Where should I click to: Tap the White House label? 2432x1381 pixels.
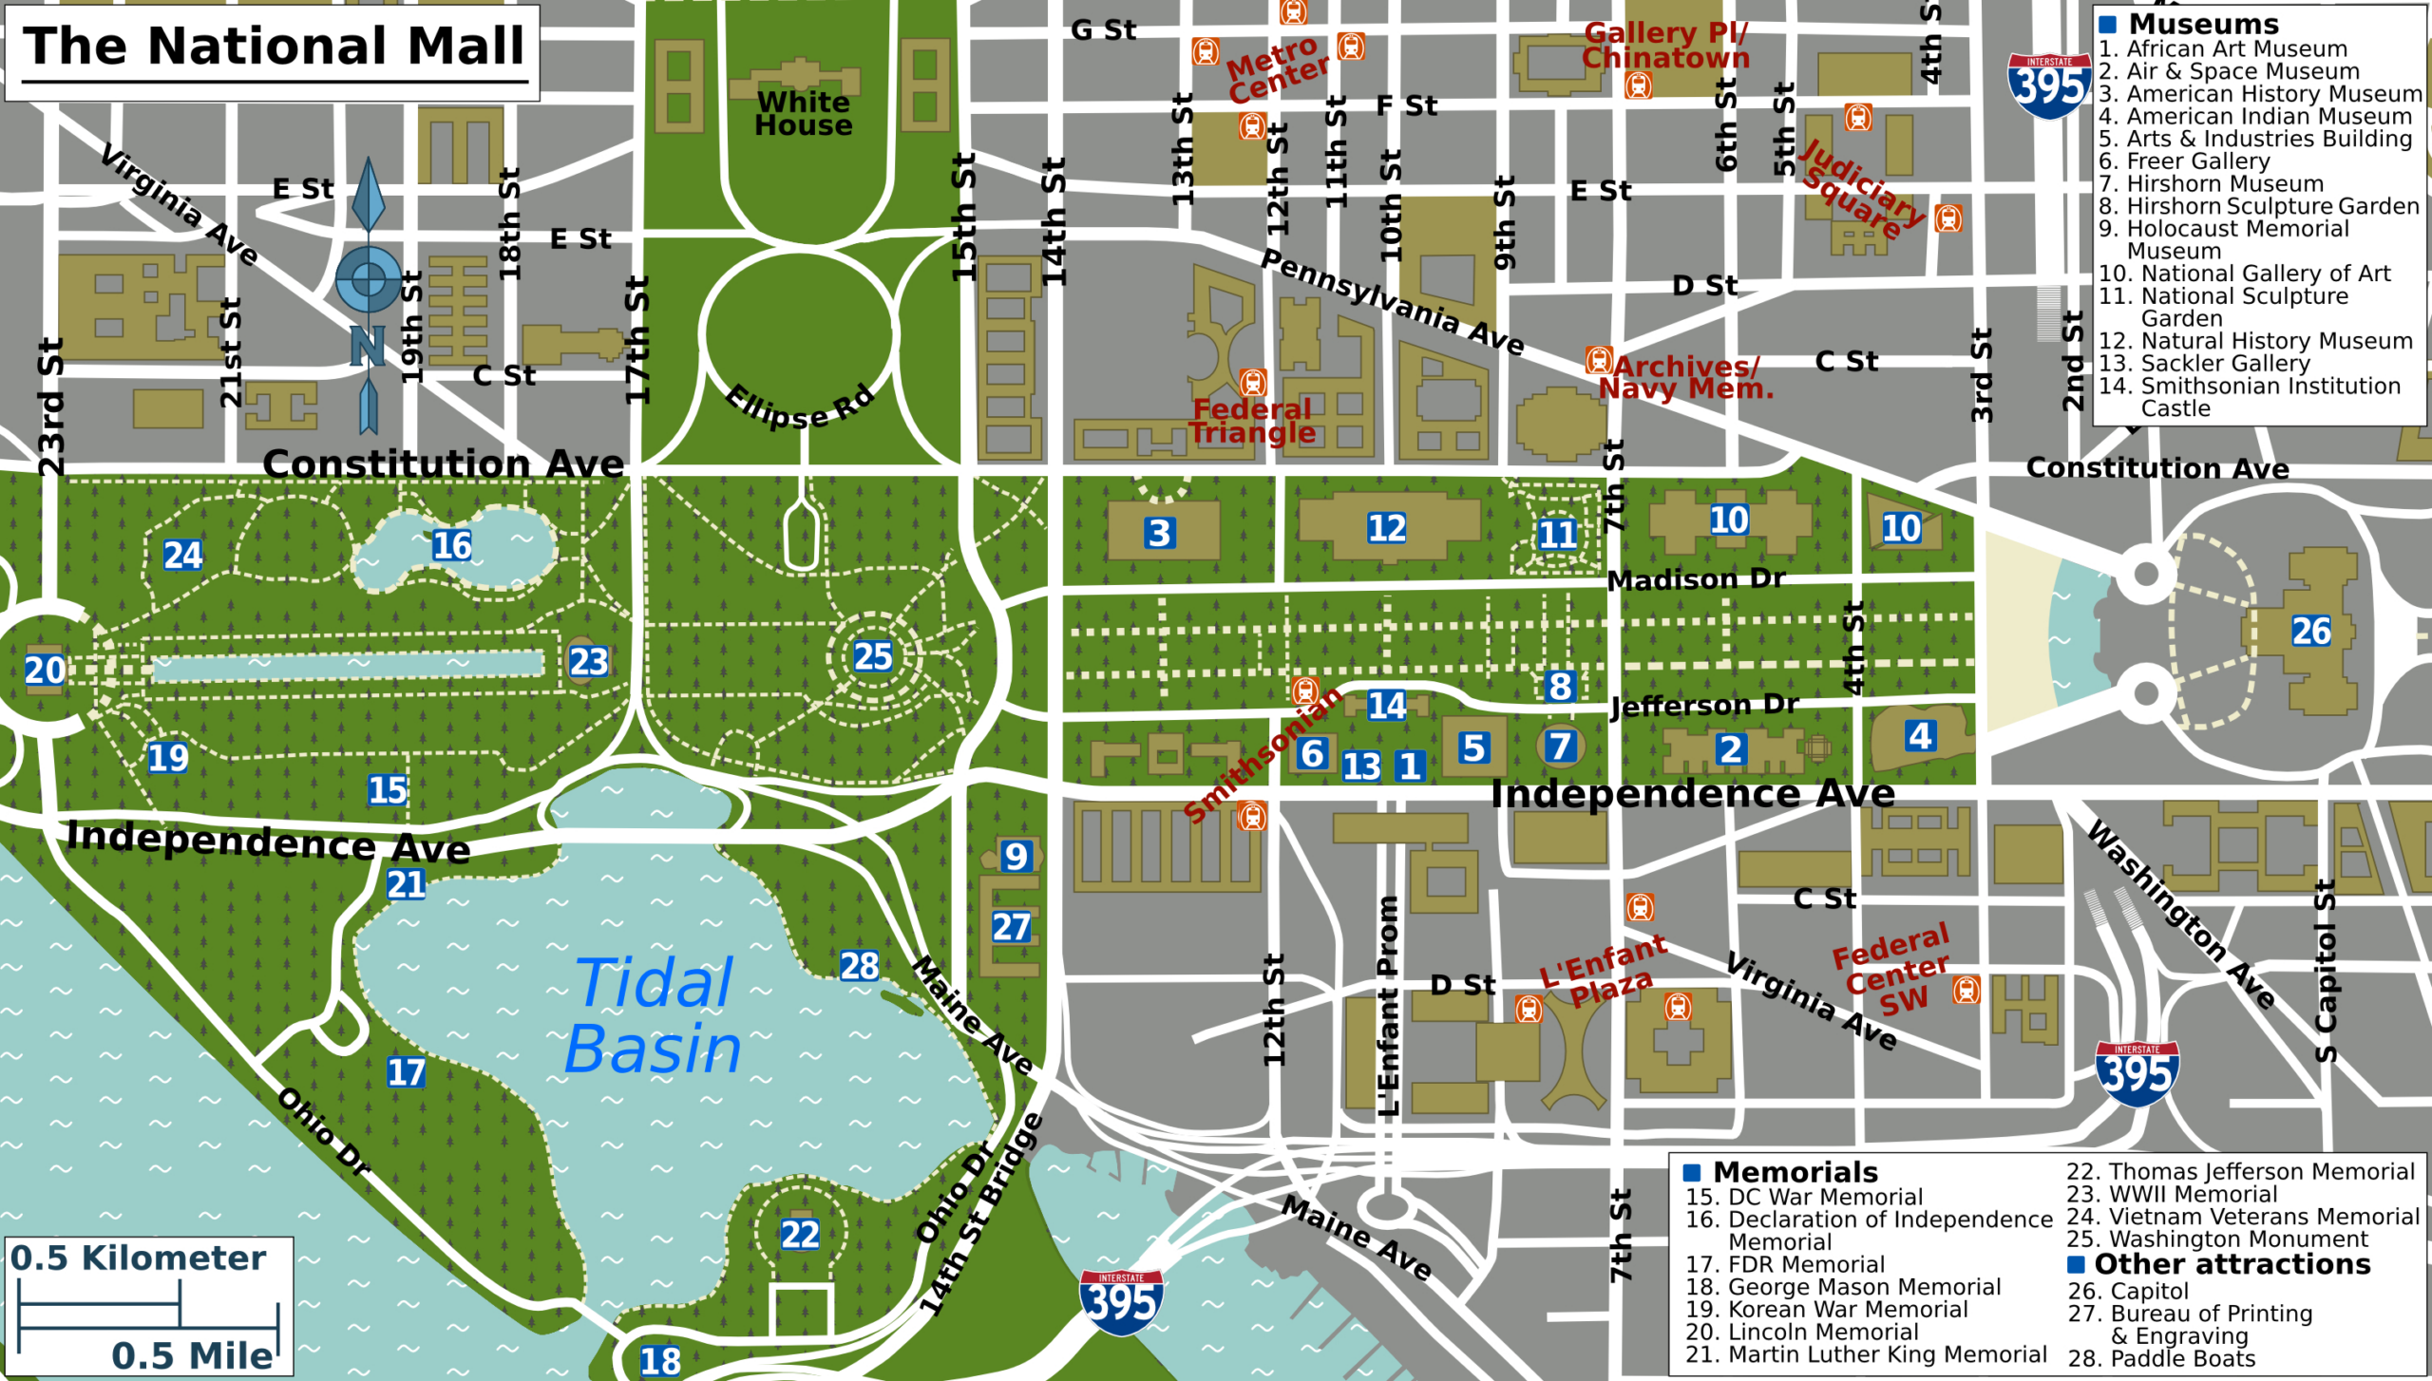pyautogui.click(x=804, y=114)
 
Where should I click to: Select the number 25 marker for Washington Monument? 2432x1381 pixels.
pyautogui.click(x=872, y=656)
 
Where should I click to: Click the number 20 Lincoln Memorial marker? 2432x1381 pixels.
pyautogui.click(x=45, y=671)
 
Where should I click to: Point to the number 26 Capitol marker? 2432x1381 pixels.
pyautogui.click(x=2310, y=631)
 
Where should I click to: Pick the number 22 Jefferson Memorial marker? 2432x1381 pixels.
pyautogui.click(x=799, y=1235)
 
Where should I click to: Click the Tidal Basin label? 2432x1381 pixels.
pyautogui.click(x=654, y=1016)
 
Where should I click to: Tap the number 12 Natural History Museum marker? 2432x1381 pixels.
pyautogui.click(x=1386, y=528)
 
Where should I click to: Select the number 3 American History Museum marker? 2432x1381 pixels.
pyautogui.click(x=1159, y=533)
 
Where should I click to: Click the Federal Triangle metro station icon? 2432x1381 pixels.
pyautogui.click(x=1253, y=382)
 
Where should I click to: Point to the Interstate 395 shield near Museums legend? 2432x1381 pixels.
pyautogui.click(x=2049, y=85)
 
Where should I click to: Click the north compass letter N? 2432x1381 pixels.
pyautogui.click(x=368, y=346)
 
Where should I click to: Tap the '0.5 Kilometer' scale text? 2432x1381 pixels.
pyautogui.click(x=138, y=1258)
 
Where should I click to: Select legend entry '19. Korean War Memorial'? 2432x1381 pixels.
pyautogui.click(x=1826, y=1310)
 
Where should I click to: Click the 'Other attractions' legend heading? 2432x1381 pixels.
pyautogui.click(x=2232, y=1264)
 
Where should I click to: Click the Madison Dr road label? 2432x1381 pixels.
pyautogui.click(x=1696, y=579)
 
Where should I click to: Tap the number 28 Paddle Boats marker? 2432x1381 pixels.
pyautogui.click(x=859, y=966)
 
